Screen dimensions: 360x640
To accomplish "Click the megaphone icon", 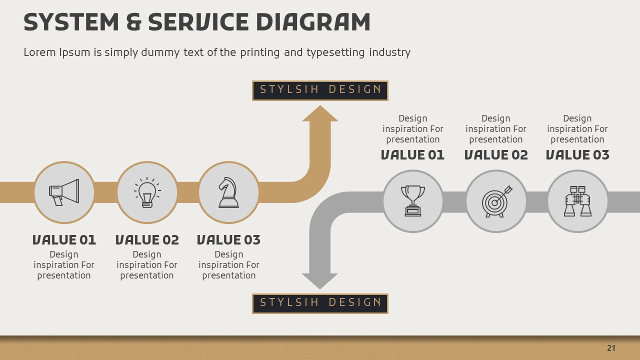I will pyautogui.click(x=64, y=192).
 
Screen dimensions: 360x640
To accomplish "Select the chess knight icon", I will pyautogui.click(x=228, y=192).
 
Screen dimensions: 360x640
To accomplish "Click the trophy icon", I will pyautogui.click(x=413, y=201).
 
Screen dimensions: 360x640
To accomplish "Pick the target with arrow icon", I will pyautogui.click(x=496, y=201).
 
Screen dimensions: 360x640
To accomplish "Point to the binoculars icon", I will pyautogui.click(x=577, y=201).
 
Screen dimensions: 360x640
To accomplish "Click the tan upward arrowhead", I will pyautogui.click(x=320, y=114).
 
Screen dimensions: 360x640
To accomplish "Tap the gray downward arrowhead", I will pyautogui.click(x=320, y=280).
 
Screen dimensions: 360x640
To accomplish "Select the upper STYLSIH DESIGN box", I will pyautogui.click(x=320, y=90).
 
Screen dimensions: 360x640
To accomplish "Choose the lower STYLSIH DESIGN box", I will pyautogui.click(x=320, y=303).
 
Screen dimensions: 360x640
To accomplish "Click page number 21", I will pyautogui.click(x=611, y=348).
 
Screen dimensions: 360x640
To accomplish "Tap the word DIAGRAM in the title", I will pyautogui.click(x=313, y=22).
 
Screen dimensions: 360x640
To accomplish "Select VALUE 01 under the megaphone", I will pyautogui.click(x=64, y=240).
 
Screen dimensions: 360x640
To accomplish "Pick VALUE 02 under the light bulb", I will pyautogui.click(x=147, y=240).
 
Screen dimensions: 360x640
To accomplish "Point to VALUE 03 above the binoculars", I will pyautogui.click(x=577, y=155).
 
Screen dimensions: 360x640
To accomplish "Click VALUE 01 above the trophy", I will pyautogui.click(x=413, y=155).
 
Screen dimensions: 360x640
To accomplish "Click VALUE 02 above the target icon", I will pyautogui.click(x=496, y=155).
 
